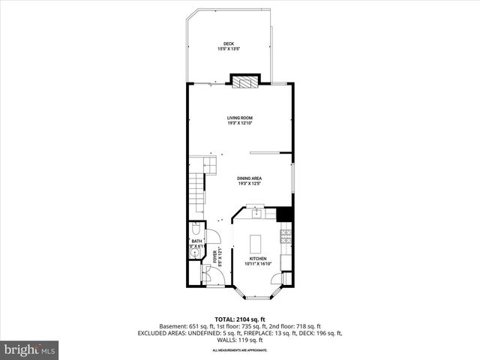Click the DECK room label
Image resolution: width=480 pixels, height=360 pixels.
pyautogui.click(x=229, y=44)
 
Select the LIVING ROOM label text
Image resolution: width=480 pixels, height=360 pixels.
pyautogui.click(x=239, y=118)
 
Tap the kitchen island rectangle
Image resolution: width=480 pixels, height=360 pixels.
pyautogui.click(x=255, y=243)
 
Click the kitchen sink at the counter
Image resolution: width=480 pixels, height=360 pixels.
pyautogui.click(x=256, y=214)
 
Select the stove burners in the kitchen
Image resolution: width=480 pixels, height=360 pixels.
pyautogui.click(x=285, y=238)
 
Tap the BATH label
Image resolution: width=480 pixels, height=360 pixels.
pyautogui.click(x=196, y=241)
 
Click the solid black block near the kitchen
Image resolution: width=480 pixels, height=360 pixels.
pyautogui.click(x=284, y=214)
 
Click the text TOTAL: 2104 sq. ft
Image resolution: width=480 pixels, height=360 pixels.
pyautogui.click(x=239, y=319)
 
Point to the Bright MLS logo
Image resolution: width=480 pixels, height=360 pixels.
pyautogui.click(x=31, y=349)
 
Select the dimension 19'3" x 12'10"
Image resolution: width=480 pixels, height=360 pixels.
pyautogui.click(x=239, y=124)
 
